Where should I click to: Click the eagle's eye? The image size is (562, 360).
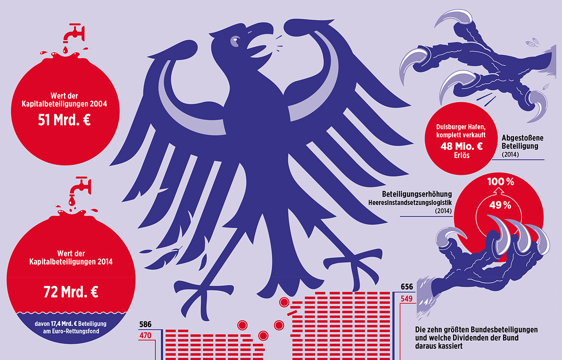coord(236,39)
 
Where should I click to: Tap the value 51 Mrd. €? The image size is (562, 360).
coord(65,120)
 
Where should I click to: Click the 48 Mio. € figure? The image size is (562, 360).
coord(461,146)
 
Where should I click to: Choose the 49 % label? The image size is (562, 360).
coord(499,205)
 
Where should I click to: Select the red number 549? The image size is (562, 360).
coord(407,298)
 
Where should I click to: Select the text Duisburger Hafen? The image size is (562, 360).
coord(461,127)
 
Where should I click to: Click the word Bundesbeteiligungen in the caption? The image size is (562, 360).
coord(499,330)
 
